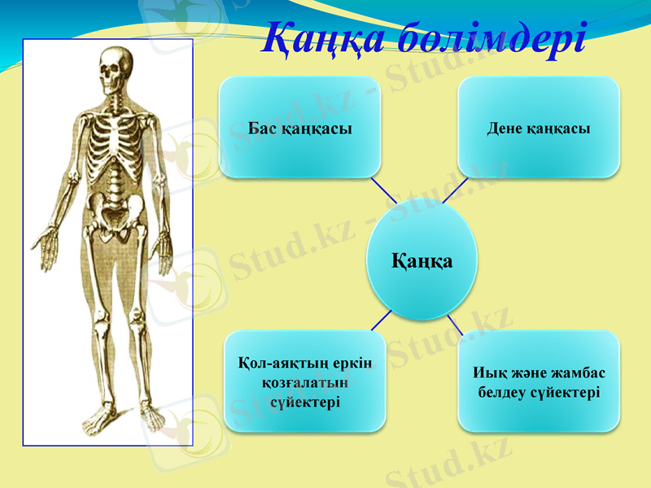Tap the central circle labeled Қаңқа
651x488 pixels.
[x=422, y=261]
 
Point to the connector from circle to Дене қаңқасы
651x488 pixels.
[x=455, y=190]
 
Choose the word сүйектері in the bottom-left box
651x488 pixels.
[x=306, y=402]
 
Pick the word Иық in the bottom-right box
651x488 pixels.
[x=487, y=373]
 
